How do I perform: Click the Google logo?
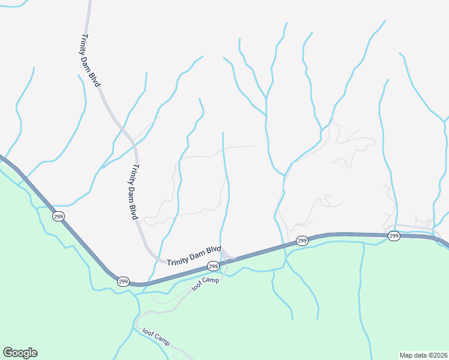coord(20,353)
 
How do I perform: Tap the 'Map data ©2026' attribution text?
coord(423,355)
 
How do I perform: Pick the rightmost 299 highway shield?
coord(394,236)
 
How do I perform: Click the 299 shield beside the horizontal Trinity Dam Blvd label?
coord(213,266)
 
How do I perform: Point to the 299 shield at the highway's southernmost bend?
coord(123,281)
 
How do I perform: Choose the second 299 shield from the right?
coord(301,241)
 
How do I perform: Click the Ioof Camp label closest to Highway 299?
coord(206,284)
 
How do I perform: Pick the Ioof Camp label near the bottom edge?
coord(157,336)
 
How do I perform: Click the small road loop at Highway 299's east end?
coord(391,230)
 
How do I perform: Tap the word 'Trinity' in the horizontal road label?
coord(178,259)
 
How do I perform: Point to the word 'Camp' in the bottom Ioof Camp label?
coord(162,339)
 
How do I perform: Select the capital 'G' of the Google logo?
coord(8,353)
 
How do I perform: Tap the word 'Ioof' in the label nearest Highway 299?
coord(197,288)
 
